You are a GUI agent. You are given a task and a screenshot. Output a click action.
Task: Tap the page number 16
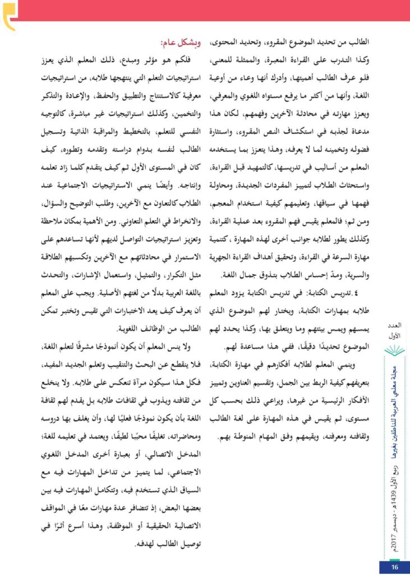pos(394,567)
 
